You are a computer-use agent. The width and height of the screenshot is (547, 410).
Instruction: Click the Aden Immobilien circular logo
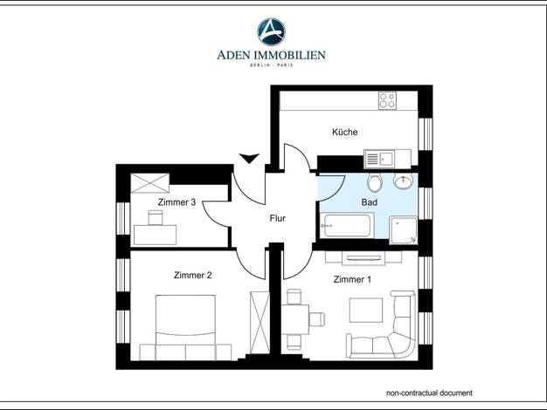click(x=272, y=31)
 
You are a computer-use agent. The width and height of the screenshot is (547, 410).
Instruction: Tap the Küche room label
click(x=344, y=132)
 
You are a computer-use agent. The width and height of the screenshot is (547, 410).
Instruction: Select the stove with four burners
click(x=387, y=100)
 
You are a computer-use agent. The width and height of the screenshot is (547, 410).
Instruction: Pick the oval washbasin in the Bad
click(x=404, y=181)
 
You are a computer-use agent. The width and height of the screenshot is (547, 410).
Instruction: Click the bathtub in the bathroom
click(x=347, y=225)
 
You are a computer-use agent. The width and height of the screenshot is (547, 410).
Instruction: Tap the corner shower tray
click(x=404, y=230)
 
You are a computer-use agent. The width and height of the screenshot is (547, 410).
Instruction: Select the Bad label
click(x=369, y=202)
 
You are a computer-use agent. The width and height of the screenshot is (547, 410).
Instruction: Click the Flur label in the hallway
click(x=277, y=218)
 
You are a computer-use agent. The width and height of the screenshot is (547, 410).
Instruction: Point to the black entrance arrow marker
click(x=249, y=159)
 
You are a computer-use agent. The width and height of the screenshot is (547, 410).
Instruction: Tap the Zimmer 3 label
click(x=177, y=202)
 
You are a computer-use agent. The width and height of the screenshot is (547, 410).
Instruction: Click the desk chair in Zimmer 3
click(x=156, y=217)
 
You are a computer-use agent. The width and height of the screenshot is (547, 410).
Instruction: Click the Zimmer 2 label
click(x=192, y=275)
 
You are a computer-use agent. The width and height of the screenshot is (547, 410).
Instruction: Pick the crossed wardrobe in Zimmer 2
click(x=260, y=323)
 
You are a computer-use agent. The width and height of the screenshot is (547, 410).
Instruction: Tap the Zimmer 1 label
click(x=352, y=279)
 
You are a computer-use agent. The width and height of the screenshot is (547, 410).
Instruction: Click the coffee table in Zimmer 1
click(x=366, y=310)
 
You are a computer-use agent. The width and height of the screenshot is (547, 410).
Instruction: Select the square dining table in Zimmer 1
click(x=295, y=319)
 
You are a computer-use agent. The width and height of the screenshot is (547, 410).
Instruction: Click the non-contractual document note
click(x=429, y=393)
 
